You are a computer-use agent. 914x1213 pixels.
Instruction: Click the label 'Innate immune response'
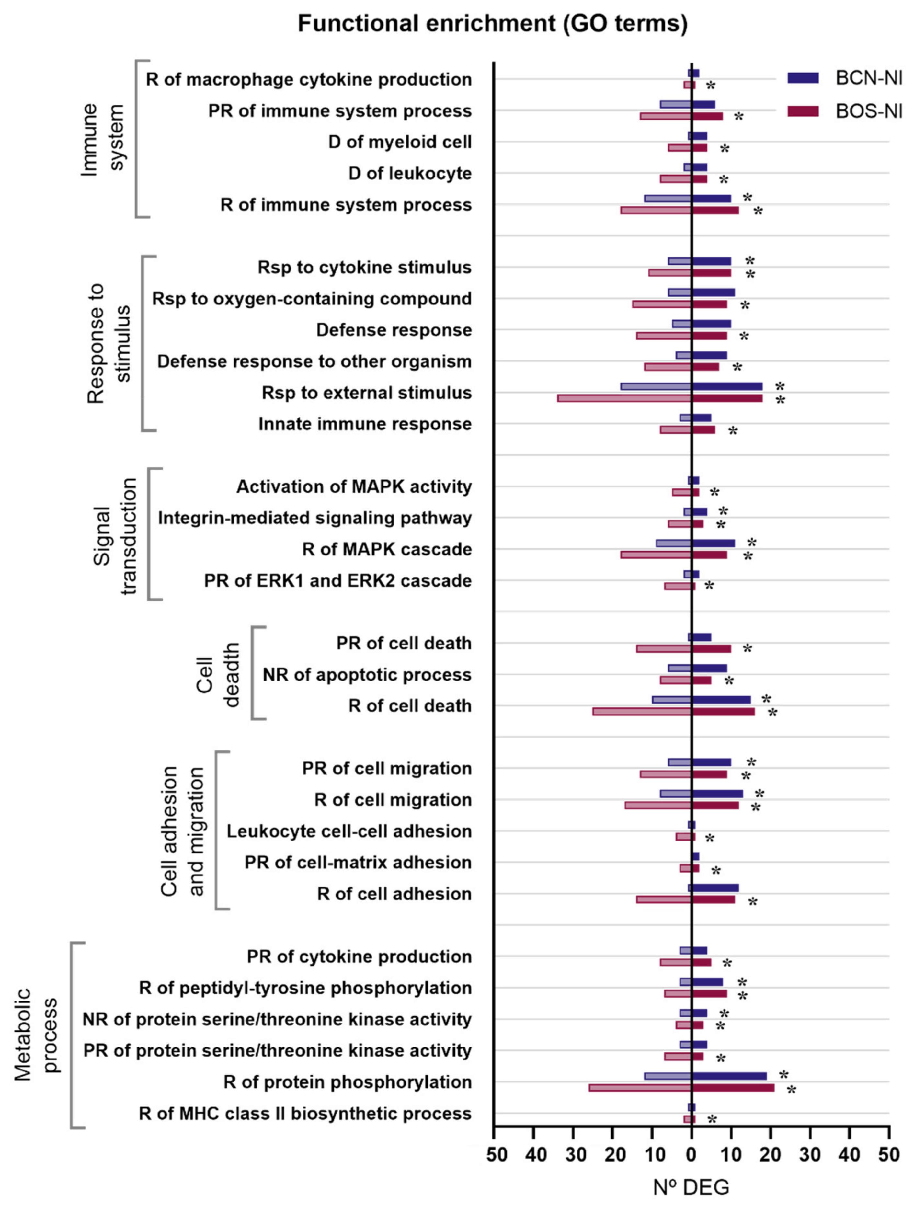coord(365,424)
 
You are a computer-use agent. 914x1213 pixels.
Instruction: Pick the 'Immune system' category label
coord(103,139)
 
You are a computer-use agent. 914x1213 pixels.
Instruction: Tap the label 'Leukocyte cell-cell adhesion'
coord(349,831)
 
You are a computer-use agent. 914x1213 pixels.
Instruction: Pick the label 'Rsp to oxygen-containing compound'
coord(312,299)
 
